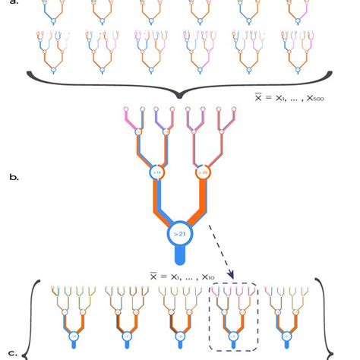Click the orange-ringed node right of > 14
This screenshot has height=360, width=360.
pos(204,172)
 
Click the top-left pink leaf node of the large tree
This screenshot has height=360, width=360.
pos(125,111)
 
